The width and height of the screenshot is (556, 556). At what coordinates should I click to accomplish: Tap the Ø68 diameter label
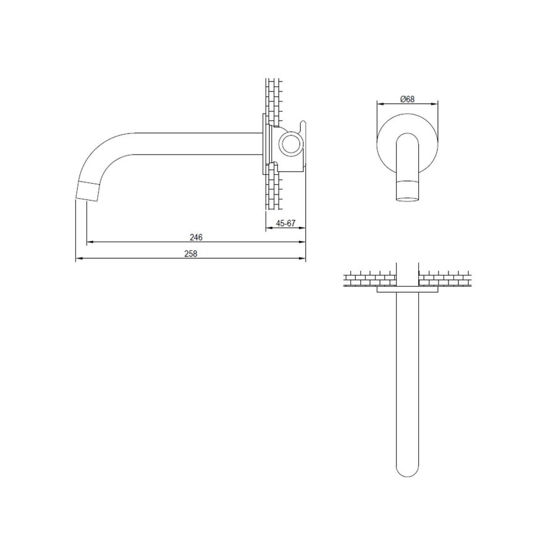click(x=407, y=98)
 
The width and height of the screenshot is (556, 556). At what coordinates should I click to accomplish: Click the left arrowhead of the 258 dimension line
click(x=78, y=259)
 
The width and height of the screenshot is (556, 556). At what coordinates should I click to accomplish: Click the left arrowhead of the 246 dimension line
click(x=88, y=242)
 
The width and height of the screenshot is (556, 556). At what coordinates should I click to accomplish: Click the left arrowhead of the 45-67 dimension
click(x=267, y=229)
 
